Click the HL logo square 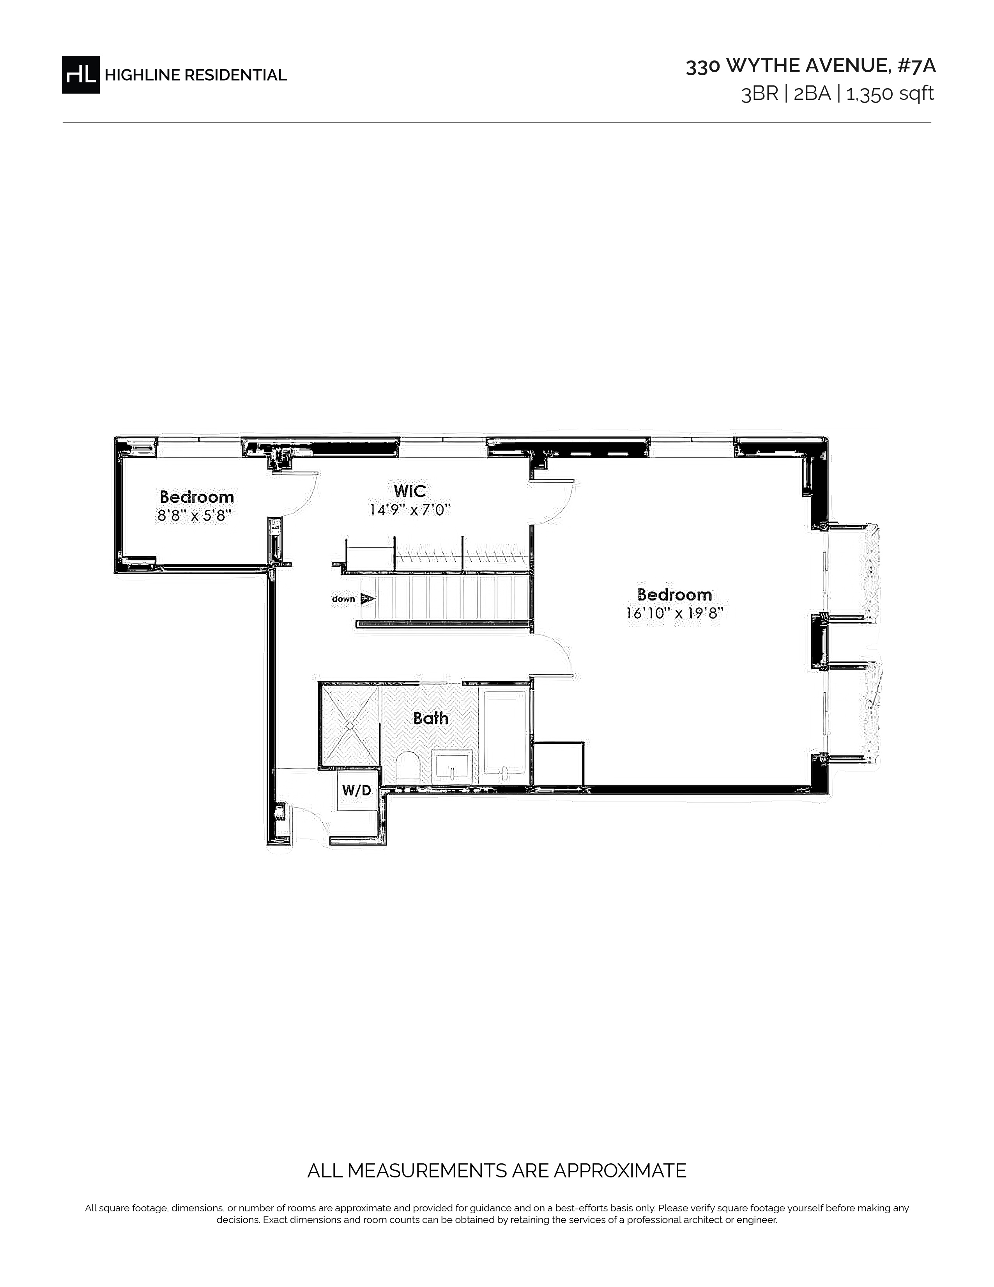coord(81,74)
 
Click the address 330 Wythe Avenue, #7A coord(810,66)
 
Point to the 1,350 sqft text coord(890,94)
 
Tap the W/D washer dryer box coord(357,790)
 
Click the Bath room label coord(430,718)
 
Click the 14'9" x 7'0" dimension coord(410,510)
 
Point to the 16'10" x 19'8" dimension coord(674,613)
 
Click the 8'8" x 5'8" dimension coord(195,516)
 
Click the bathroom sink coord(452,767)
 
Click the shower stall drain coord(350,725)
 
